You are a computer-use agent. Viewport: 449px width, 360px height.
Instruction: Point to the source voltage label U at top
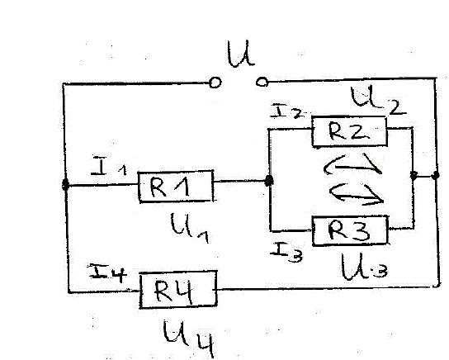240,54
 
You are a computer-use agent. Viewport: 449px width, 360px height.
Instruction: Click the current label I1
108,166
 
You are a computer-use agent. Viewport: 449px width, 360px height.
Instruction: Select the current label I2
286,111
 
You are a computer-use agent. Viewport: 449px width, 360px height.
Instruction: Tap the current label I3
286,252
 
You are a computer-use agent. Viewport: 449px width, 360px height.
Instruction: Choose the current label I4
107,273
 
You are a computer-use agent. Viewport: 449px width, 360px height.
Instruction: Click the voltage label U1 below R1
190,228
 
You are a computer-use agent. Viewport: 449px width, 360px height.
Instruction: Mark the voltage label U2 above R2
378,101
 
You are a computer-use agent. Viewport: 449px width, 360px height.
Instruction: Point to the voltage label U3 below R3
364,268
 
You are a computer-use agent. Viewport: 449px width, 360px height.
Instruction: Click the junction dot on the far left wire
65,185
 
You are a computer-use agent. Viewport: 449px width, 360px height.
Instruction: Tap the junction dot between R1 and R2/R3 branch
268,181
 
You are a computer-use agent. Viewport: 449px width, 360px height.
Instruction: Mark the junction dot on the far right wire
435,175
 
